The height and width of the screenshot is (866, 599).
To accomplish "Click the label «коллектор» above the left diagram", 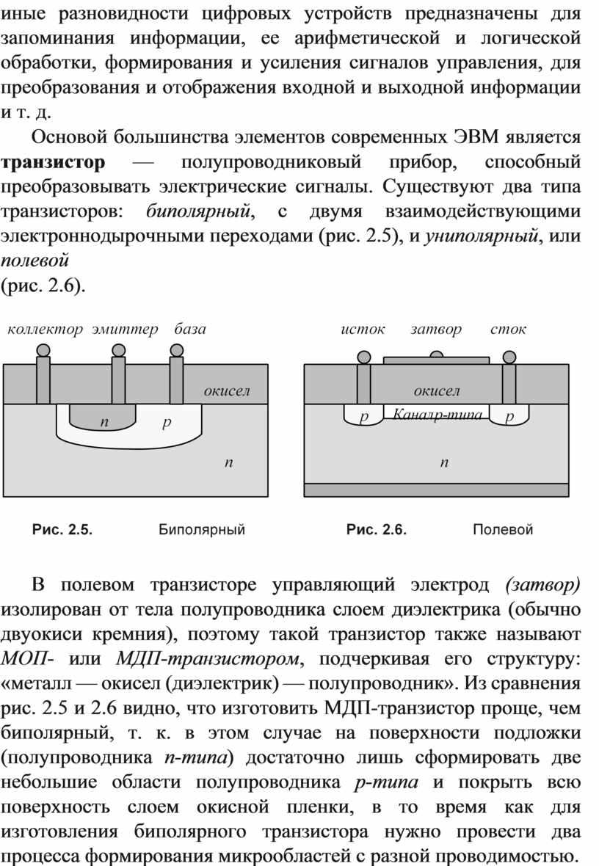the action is pos(45,330).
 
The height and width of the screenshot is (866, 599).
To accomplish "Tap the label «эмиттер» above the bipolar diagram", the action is pos(125,330).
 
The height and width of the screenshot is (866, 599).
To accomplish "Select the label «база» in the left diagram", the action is pos(190,330).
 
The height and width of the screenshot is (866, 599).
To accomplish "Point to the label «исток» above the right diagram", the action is pos(363,330).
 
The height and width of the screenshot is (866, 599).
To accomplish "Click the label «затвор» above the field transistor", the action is pos(436,330).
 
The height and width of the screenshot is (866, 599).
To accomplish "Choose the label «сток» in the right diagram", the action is pos(509,330).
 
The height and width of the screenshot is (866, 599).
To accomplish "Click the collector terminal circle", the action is pos(43,350).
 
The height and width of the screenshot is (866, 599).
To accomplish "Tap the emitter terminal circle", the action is pos(118,350).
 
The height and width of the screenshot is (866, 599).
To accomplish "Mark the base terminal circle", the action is pos(177,350).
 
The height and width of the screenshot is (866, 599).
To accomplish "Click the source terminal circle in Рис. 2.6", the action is pos(364,357).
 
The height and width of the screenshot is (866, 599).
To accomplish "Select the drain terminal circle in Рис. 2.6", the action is pos(509,357).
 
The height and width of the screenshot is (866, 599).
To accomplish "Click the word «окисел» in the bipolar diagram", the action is pos(227,391).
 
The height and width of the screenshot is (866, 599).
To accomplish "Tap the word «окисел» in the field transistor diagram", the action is pos(437,391).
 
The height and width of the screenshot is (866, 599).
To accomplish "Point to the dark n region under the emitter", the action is pos(103,416).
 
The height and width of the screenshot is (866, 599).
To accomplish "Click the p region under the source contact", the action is pos(363,414).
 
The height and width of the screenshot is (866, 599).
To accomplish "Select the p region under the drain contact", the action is pos(509,414).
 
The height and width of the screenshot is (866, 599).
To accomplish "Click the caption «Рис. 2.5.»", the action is pos(62,530).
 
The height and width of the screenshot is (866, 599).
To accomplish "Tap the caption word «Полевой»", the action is pos(503,530).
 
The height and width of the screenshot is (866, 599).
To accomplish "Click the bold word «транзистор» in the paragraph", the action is pos(53,162).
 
